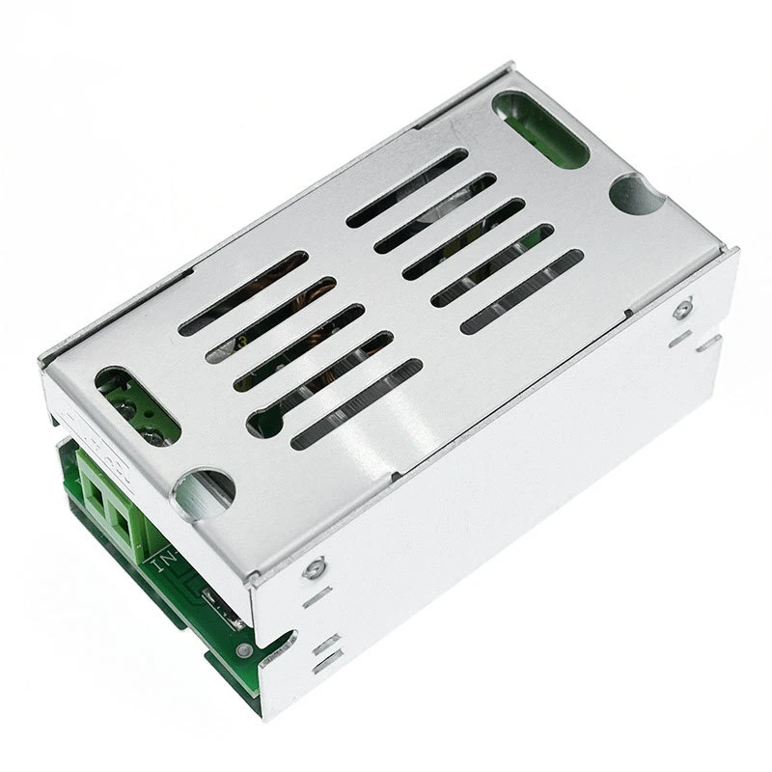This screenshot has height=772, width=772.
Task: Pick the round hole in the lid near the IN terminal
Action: point(203,493)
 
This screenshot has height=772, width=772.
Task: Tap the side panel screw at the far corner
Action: point(683,309)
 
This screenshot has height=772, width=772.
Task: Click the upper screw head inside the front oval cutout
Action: point(124,393)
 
